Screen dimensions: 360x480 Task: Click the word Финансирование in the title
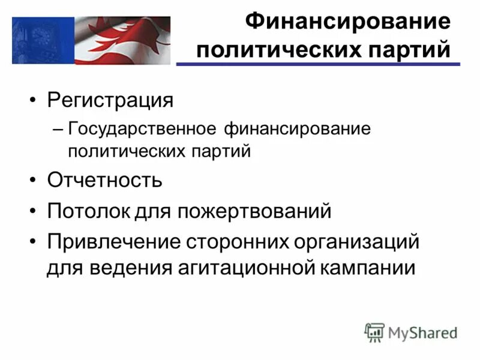pyautogui.click(x=347, y=22)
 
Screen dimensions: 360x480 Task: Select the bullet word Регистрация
pyautogui.click(x=110, y=100)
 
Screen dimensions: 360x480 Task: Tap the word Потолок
pyautogui.click(x=84, y=211)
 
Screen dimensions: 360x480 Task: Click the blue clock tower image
pyautogui.click(x=43, y=40)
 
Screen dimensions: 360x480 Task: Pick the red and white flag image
pyautogui.click(x=122, y=40)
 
